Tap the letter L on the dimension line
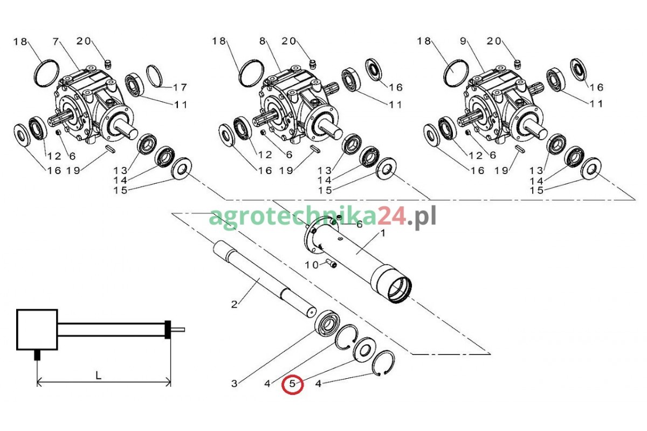click(98, 376)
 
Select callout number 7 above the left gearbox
click(56, 41)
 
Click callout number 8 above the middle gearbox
click(262, 41)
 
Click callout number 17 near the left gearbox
click(180, 87)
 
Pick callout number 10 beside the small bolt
click(312, 265)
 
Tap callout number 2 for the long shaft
click(234, 304)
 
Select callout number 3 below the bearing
click(234, 384)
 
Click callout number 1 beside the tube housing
click(383, 233)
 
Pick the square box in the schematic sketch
click(37, 330)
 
